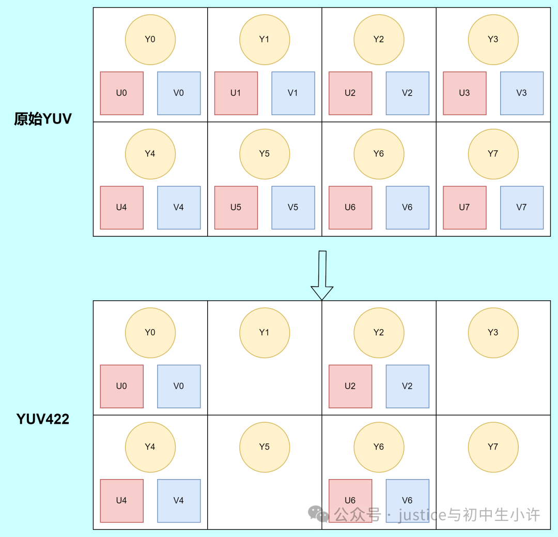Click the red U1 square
pyautogui.click(x=236, y=93)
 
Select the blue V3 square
pyautogui.click(x=522, y=93)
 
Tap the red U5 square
pyautogui.click(x=236, y=207)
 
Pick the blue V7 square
pyautogui.click(x=522, y=207)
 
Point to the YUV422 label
pyautogui.click(x=43, y=419)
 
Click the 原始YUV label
pyautogui.click(x=43, y=119)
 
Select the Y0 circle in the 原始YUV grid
pyautogui.click(x=150, y=39)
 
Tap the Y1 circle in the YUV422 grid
pyautogui.click(x=265, y=332)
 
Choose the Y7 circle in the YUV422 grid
pyautogui.click(x=493, y=447)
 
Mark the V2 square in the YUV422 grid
pyautogui.click(x=407, y=386)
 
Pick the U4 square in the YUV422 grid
pyautogui.click(x=121, y=500)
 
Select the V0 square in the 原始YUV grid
pyautogui.click(x=179, y=93)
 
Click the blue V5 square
pyautogui.click(x=293, y=207)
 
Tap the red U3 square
pyautogui.click(x=464, y=93)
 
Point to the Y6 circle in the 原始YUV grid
pyautogui.click(x=379, y=154)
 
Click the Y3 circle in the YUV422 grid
pyautogui.click(x=493, y=332)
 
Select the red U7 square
pyautogui.click(x=464, y=207)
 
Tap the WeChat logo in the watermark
pyautogui.click(x=318, y=514)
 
